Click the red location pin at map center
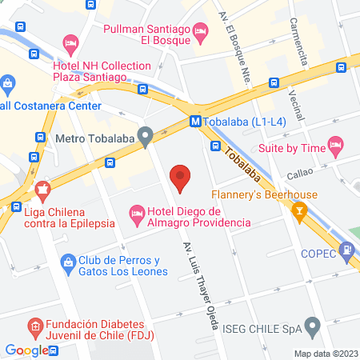[x=181, y=178]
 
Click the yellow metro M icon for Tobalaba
[x=196, y=122]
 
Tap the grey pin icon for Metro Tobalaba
[x=145, y=137]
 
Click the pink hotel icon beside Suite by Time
[x=334, y=147]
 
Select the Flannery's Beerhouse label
[x=264, y=194]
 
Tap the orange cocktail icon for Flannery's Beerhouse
[x=300, y=211]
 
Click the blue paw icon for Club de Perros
[x=68, y=261]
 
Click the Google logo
[x=27, y=350]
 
